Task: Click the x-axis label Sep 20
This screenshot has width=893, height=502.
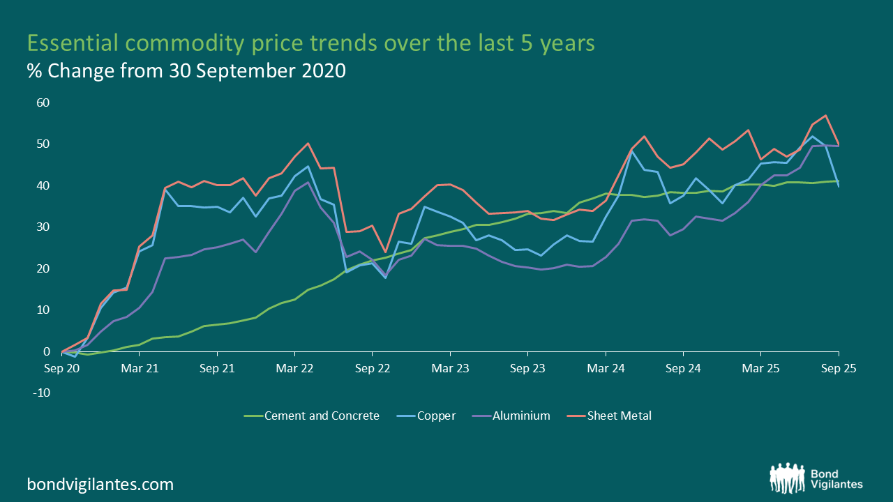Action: click(61, 367)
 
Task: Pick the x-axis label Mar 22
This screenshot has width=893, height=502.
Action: click(294, 367)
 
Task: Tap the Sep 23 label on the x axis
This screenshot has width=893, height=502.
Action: click(528, 367)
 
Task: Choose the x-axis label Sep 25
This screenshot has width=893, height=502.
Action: click(838, 367)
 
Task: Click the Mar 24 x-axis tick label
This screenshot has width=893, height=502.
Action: click(606, 367)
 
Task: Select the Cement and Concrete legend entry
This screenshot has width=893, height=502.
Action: click(320, 416)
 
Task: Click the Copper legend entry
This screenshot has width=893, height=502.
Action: click(435, 416)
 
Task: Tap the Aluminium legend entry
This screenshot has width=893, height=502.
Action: click(520, 416)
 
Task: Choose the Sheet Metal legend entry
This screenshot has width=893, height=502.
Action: click(618, 416)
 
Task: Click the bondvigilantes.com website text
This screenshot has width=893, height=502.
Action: click(100, 484)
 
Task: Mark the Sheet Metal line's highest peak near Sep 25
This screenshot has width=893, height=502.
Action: click(826, 116)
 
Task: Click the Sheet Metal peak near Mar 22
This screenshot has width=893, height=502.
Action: click(308, 144)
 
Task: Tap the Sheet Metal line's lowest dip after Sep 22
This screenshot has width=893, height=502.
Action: click(385, 252)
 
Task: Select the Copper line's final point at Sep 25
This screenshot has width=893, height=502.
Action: click(838, 186)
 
